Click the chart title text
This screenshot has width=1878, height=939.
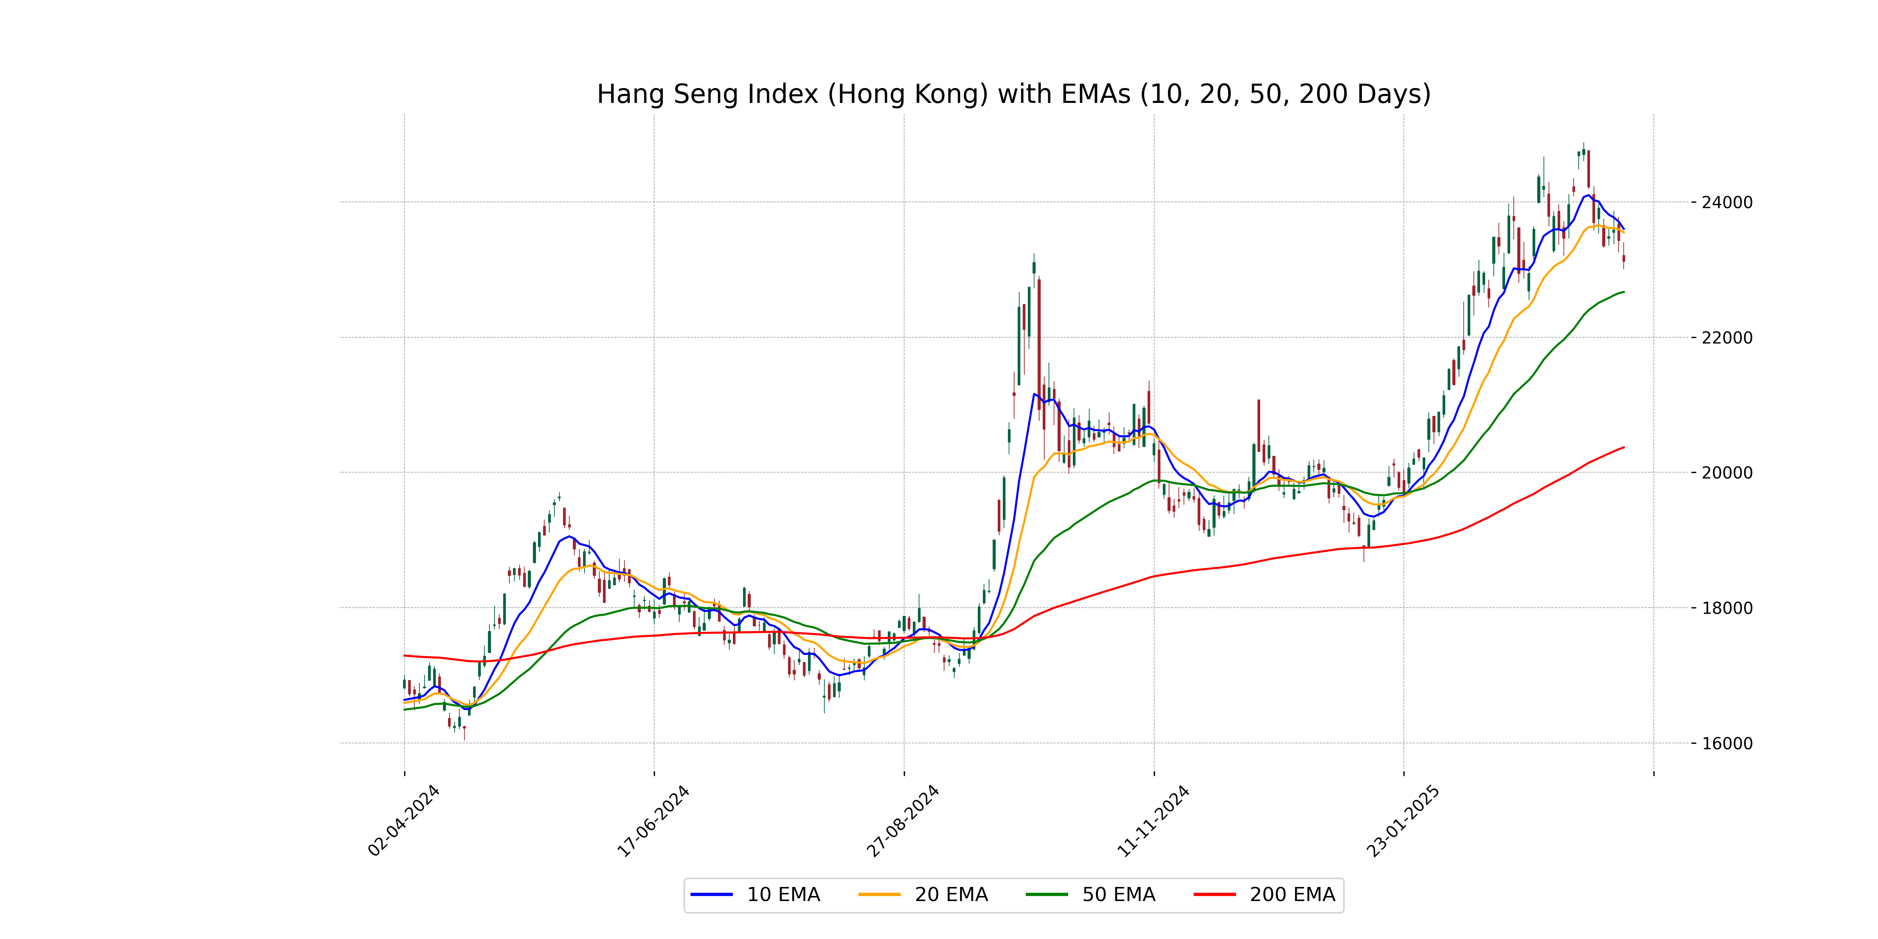click(x=1013, y=94)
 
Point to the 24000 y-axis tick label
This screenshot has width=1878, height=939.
click(x=1726, y=203)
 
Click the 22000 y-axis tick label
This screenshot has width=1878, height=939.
click(x=1726, y=338)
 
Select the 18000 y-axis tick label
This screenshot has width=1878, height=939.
click(x=1726, y=608)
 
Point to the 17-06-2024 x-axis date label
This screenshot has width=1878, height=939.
click(x=653, y=820)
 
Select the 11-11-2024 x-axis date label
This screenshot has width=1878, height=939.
click(x=1153, y=820)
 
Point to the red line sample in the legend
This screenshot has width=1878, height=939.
click(x=1214, y=894)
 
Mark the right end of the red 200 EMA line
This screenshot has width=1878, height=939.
click(x=1624, y=447)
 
